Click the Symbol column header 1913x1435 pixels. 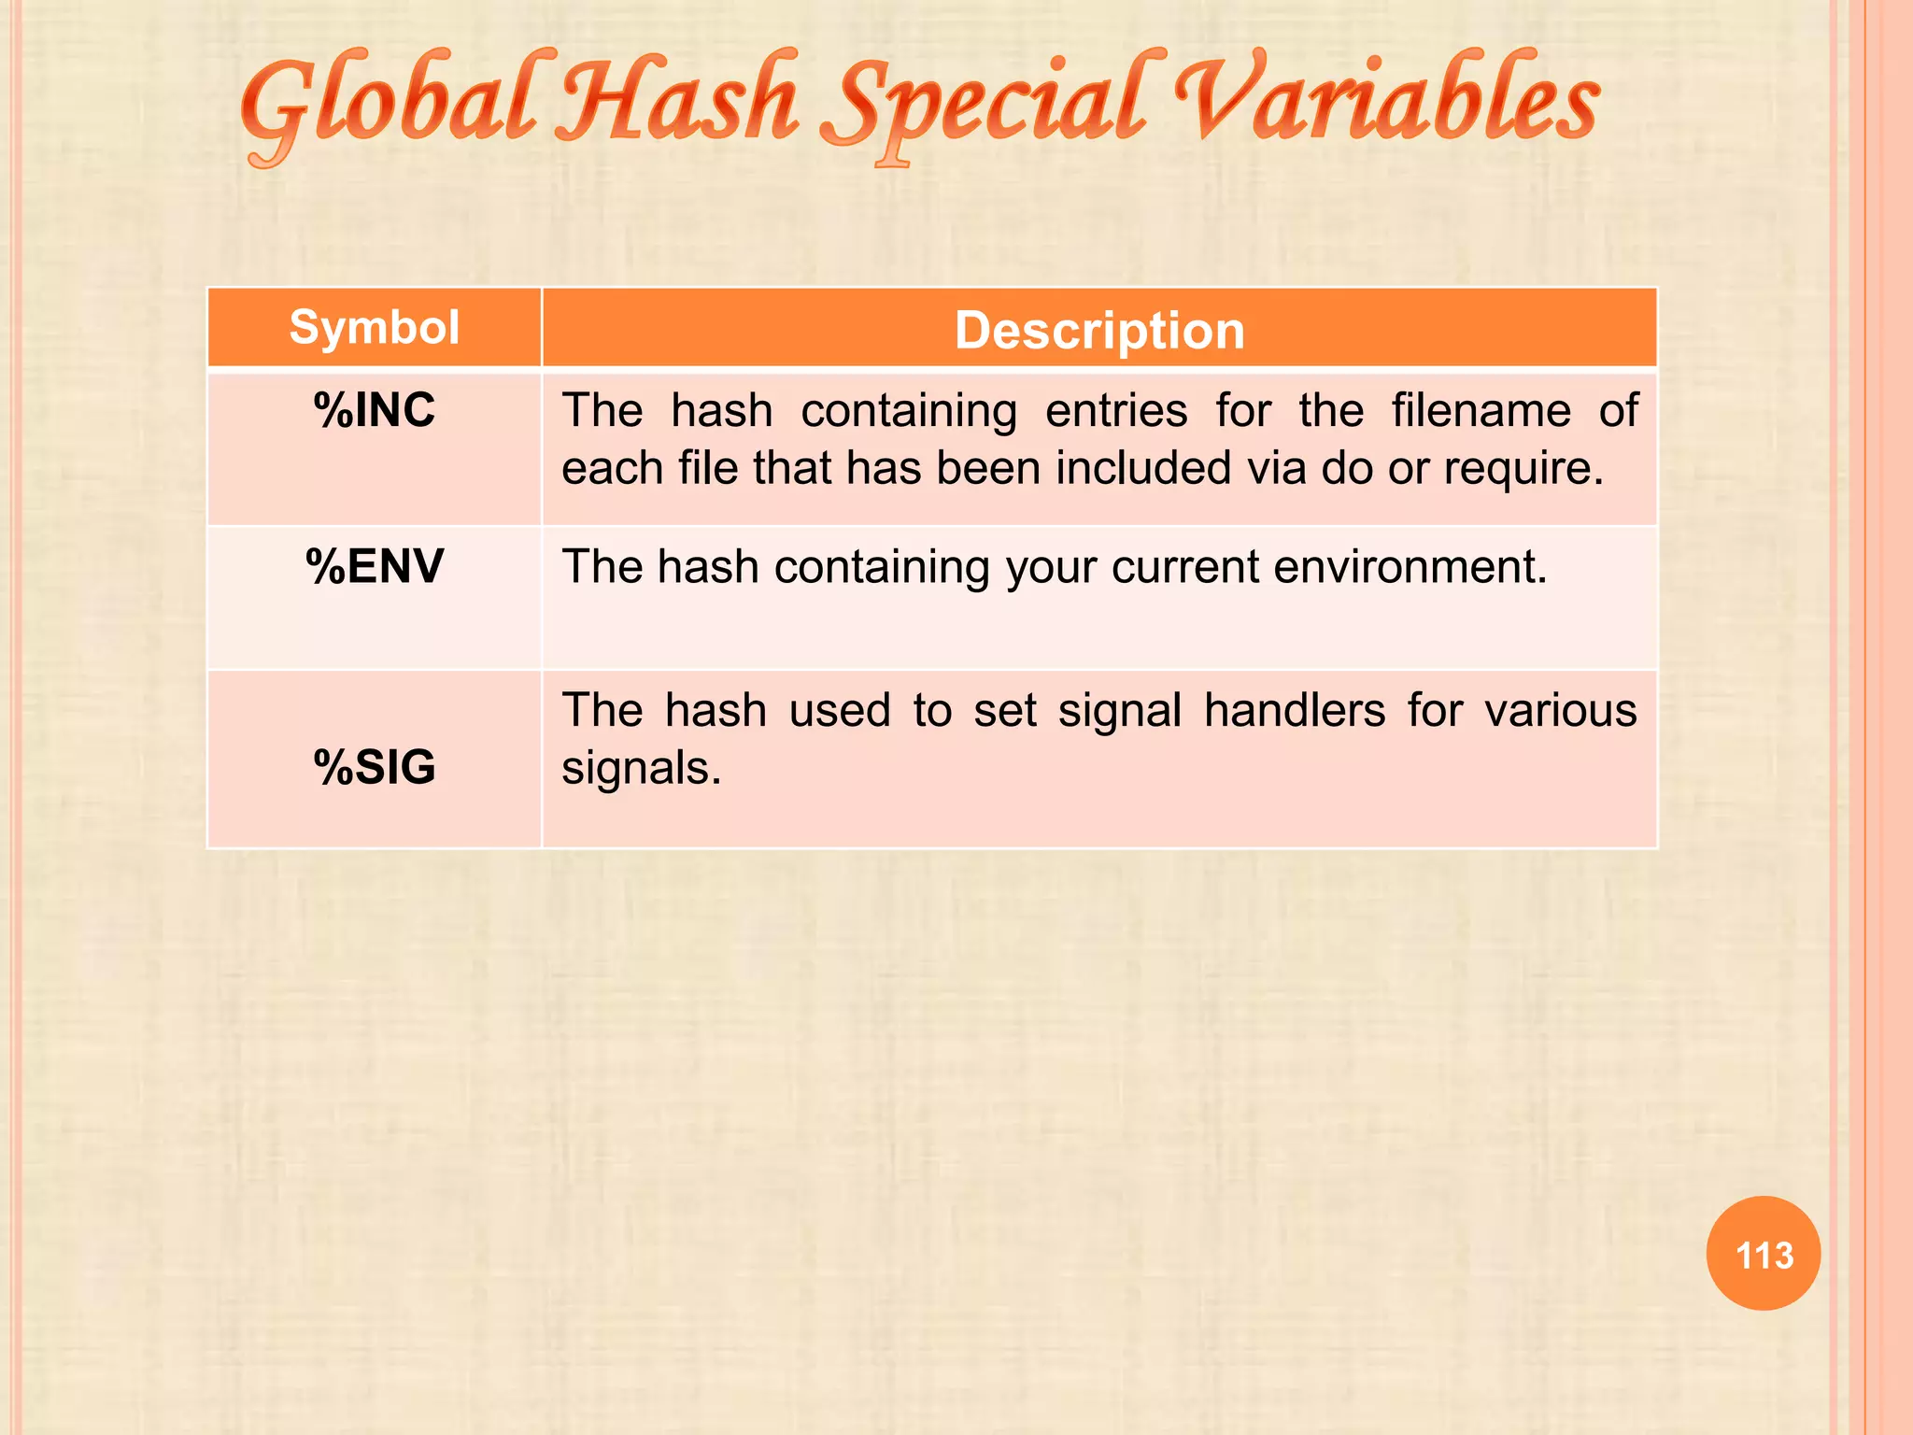[374, 328]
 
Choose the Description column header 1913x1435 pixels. [1099, 331]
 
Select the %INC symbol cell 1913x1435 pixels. [374, 411]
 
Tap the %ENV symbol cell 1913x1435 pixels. [374, 567]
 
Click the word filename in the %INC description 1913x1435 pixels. [1481, 411]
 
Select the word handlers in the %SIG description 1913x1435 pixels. [1295, 711]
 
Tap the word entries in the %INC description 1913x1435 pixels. [1116, 411]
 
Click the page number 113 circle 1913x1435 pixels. [1764, 1254]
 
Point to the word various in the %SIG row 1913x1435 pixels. [1561, 711]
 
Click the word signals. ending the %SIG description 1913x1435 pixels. [641, 769]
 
